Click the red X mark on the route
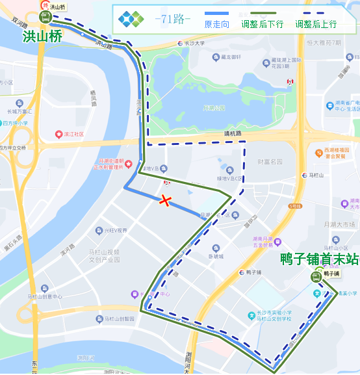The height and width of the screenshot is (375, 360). pyautogui.click(x=166, y=201)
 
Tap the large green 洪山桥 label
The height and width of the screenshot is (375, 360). pyautogui.click(x=42, y=36)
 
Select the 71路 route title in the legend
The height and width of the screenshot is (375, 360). pyautogui.click(x=172, y=19)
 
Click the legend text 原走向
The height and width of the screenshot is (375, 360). pyautogui.click(x=217, y=25)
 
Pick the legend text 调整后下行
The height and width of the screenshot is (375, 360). pyautogui.click(x=262, y=25)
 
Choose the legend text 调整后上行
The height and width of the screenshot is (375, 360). pyautogui.click(x=316, y=25)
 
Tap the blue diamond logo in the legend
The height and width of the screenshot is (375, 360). pyautogui.click(x=131, y=19)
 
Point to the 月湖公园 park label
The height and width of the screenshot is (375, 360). pyautogui.click(x=214, y=108)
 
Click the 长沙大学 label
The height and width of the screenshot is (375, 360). pyautogui.click(x=194, y=44)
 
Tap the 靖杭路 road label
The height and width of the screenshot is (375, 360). pyautogui.click(x=233, y=134)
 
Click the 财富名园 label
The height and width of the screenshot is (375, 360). pyautogui.click(x=270, y=161)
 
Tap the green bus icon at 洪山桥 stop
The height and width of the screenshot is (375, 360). pyautogui.click(x=45, y=17)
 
